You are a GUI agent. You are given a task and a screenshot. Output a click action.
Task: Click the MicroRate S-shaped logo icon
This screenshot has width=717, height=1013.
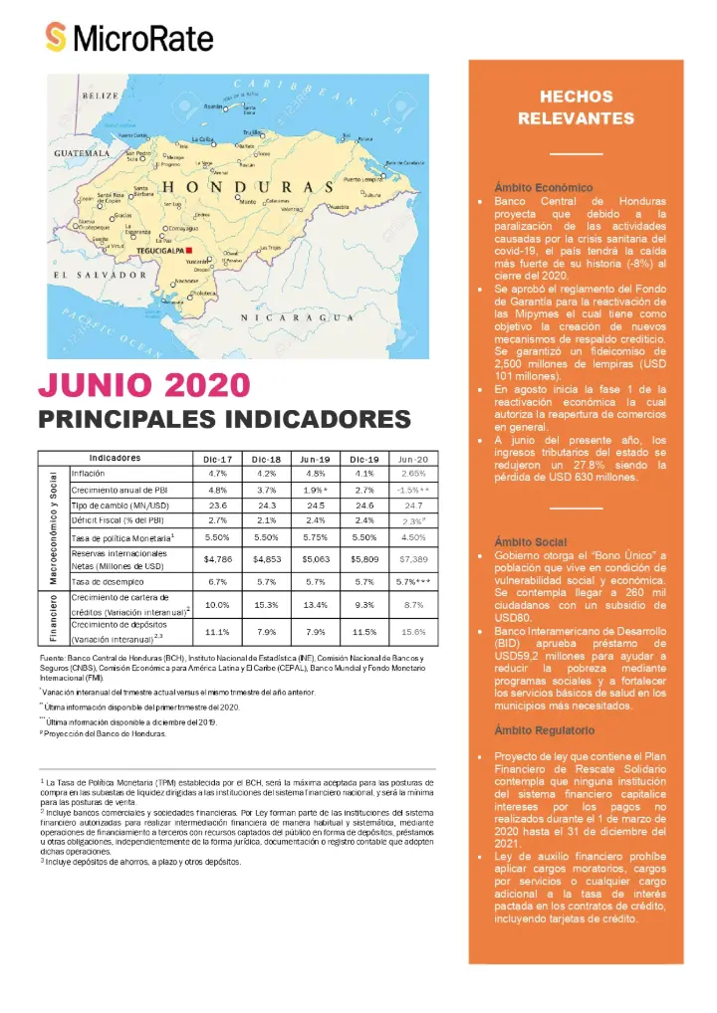pos(57,38)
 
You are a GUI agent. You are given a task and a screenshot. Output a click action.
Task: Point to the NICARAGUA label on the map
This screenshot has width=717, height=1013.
pos(300,317)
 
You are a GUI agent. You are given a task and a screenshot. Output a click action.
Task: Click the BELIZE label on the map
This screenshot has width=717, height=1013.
pos(100,95)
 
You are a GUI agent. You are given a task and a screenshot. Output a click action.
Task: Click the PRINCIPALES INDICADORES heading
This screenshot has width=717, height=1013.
pos(223,419)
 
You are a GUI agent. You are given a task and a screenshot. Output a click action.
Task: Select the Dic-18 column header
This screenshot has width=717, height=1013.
pos(269,459)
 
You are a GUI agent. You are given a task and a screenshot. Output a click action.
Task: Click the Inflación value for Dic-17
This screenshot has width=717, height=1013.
pos(218,474)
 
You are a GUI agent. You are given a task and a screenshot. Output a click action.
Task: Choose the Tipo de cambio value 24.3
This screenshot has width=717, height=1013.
pos(269,506)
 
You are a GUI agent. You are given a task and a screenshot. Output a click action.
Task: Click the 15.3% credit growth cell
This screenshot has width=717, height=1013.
pos(269,604)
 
